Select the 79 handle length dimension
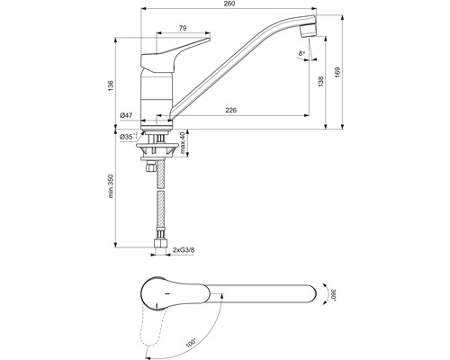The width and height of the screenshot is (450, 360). (x=182, y=30)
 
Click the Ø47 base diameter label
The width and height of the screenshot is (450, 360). (x=127, y=116)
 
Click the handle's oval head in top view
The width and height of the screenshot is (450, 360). (x=166, y=294)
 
